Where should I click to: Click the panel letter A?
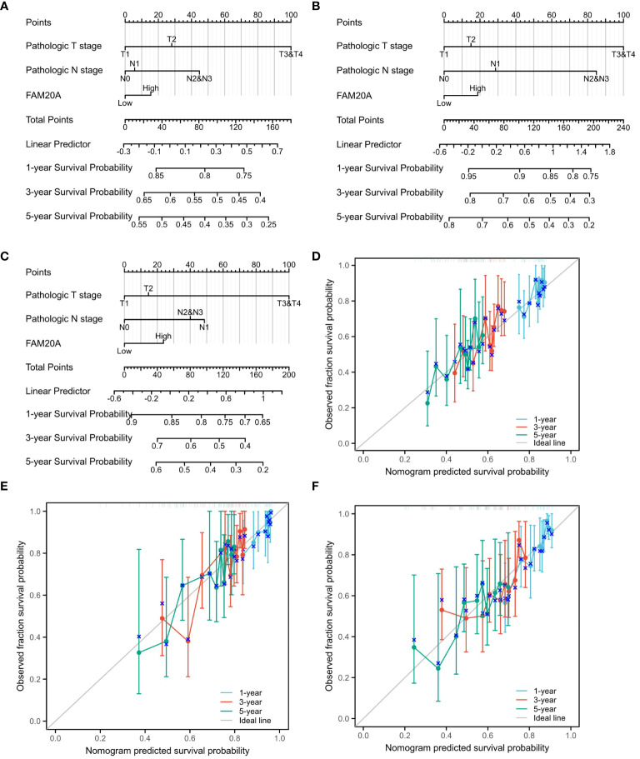click(x=6, y=7)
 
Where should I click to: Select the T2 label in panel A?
click(x=172, y=38)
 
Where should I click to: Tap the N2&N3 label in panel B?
click(x=596, y=78)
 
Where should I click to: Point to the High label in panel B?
click(x=477, y=87)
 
